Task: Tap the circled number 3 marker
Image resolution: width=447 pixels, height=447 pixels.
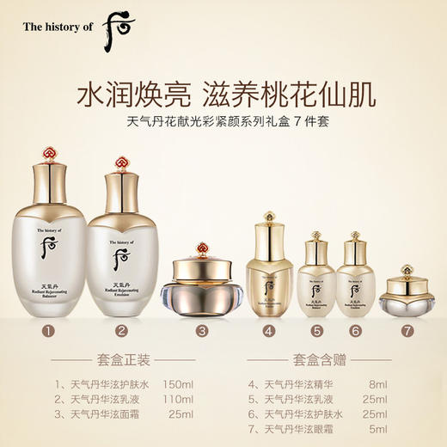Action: (202, 329)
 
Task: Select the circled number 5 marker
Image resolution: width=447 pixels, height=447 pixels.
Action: (319, 329)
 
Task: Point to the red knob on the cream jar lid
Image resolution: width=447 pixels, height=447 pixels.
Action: (202, 249)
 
